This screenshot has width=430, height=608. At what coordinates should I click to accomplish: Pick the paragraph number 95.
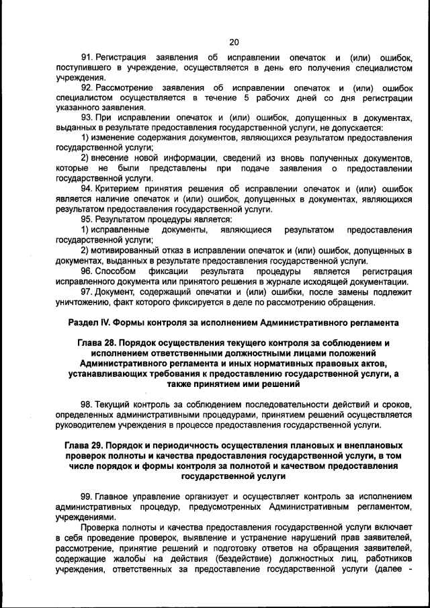(87, 219)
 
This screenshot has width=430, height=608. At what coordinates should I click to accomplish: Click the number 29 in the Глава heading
(99, 446)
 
